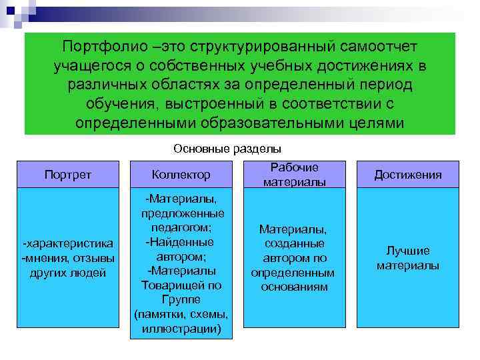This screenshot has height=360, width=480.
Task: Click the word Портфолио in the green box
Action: pos(101,48)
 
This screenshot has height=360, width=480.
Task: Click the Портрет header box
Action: pos(67,175)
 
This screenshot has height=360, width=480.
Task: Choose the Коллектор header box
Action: pos(181,175)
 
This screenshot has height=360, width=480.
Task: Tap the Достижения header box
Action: pos(407,175)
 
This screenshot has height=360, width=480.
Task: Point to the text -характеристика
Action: pos(67,245)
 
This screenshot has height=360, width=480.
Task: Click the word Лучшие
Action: pos(407,251)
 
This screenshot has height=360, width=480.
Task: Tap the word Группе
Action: pos(181,299)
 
